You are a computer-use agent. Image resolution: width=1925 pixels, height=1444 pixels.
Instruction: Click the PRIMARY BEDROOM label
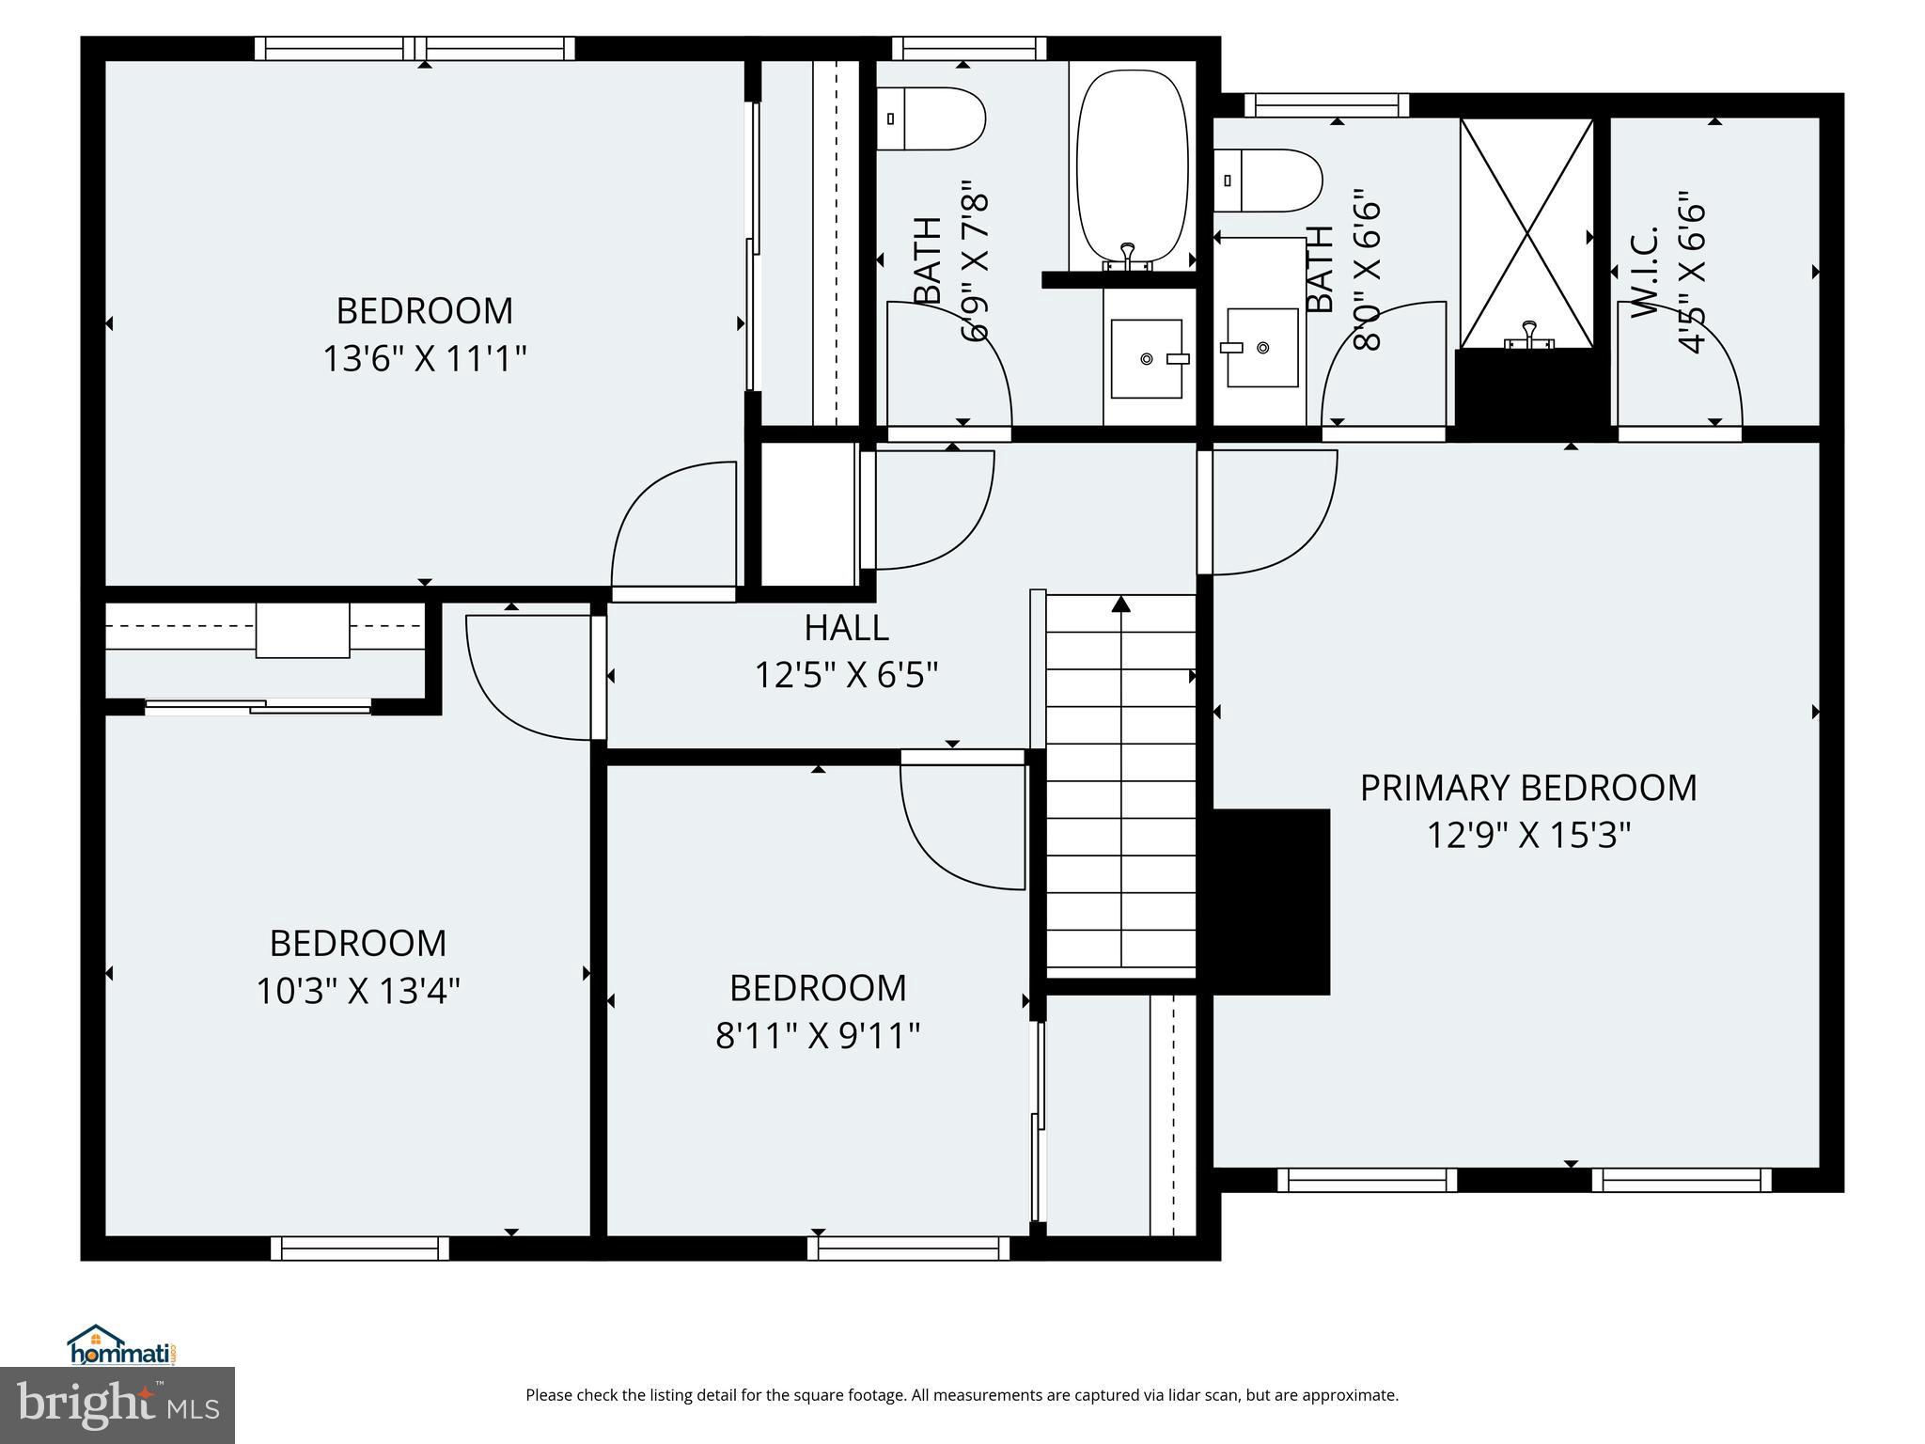[x=1528, y=788]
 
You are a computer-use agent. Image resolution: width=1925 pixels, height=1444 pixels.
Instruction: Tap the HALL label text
[x=846, y=628]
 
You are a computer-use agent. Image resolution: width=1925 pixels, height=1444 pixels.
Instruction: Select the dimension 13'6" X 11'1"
[x=424, y=359]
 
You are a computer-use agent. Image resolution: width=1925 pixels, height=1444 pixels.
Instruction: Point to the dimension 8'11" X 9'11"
[x=817, y=1036]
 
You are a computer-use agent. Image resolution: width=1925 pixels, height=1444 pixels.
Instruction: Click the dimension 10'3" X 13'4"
[x=358, y=991]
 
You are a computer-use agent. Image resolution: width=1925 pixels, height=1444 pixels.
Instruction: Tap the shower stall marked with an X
[x=1526, y=232]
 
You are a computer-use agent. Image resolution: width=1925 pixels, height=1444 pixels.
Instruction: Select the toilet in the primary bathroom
[x=1268, y=180]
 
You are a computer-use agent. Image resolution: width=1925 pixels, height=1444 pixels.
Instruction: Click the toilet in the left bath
[x=931, y=118]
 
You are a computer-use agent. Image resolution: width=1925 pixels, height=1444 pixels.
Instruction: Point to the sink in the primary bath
[x=1262, y=347]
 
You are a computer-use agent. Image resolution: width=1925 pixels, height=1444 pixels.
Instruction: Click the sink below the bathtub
[x=1147, y=358]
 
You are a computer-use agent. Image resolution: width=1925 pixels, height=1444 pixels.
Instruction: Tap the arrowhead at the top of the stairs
[x=1120, y=604]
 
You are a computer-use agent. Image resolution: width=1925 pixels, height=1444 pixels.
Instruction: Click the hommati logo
[x=121, y=1347]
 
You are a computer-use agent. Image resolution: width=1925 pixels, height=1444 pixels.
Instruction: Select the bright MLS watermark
[x=117, y=1406]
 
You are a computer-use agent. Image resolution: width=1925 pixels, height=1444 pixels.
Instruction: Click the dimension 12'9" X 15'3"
[x=1528, y=835]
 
